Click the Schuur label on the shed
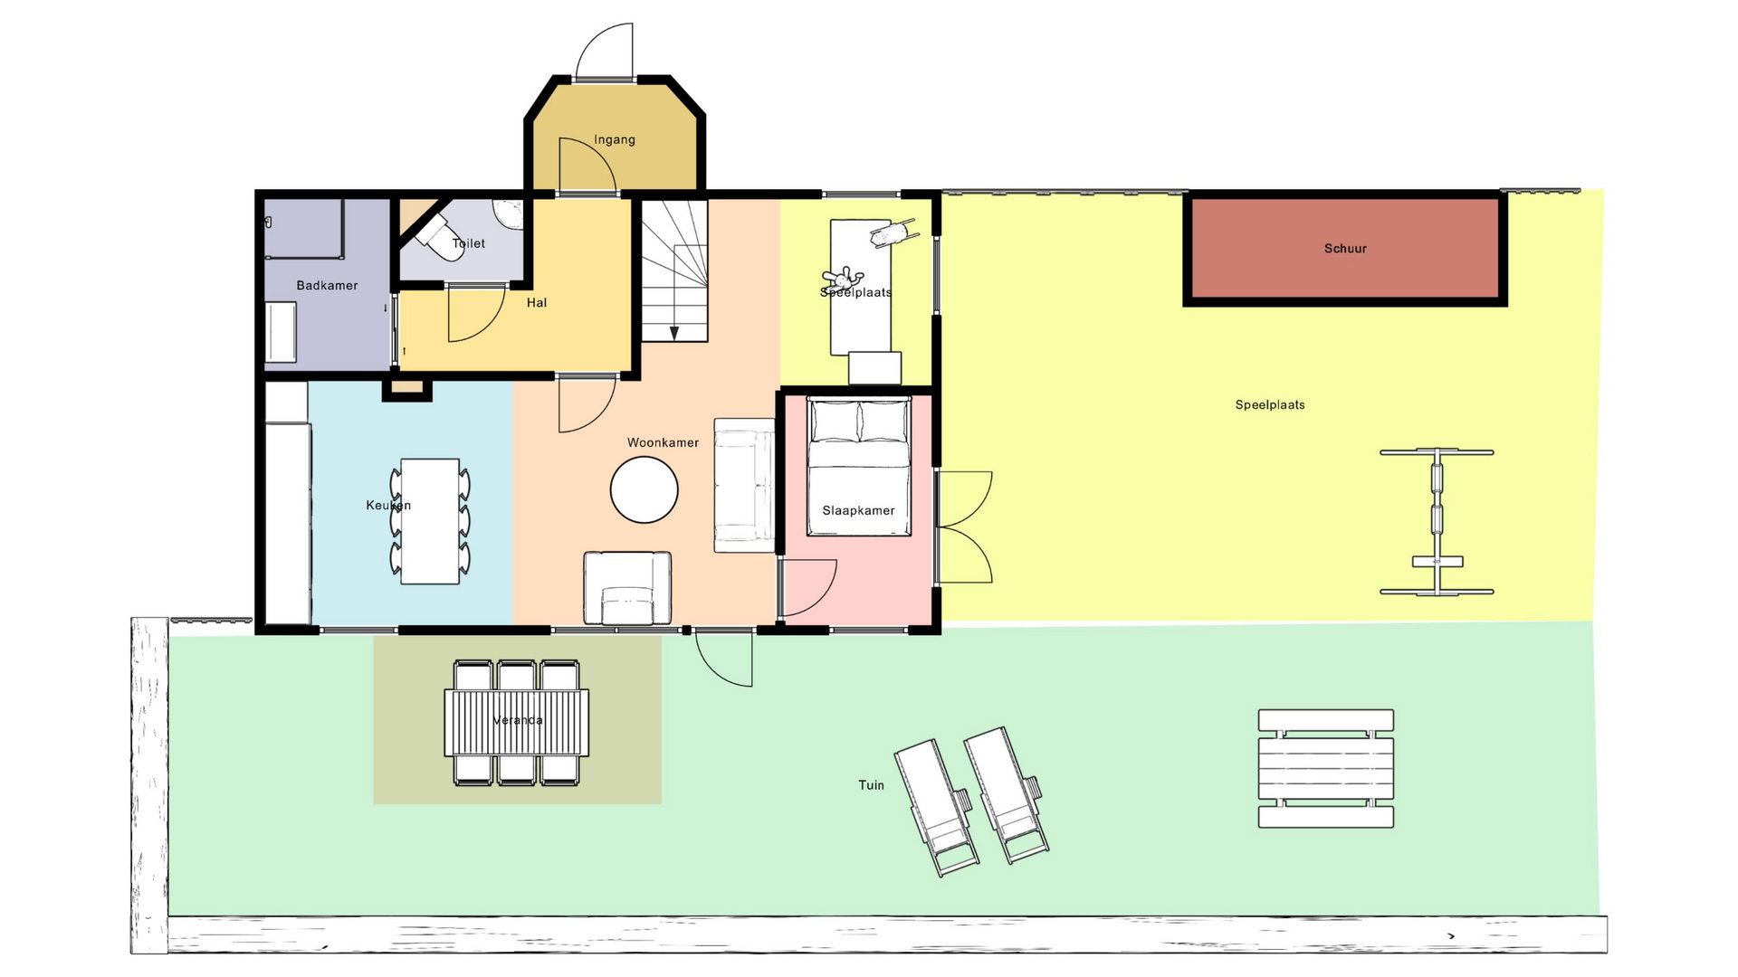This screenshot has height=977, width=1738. point(1345,249)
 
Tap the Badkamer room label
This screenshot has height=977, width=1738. point(327,286)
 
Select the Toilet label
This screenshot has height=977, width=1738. point(469,243)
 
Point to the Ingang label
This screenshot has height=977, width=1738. point(615,140)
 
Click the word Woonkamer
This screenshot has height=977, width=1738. point(663,442)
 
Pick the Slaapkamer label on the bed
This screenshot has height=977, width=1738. point(858,510)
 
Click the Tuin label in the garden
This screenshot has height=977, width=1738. point(871,785)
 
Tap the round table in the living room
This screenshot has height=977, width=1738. point(644,489)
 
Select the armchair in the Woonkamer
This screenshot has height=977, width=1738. point(627,588)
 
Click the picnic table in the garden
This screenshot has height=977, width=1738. point(1326,769)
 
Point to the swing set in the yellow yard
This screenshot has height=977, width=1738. point(1437,522)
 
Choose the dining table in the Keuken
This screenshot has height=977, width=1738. point(430,521)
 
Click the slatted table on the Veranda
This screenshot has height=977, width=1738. point(517,723)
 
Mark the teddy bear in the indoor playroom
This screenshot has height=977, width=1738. point(839,278)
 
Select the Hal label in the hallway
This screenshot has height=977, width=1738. point(537,303)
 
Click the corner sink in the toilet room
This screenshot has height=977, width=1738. point(510,214)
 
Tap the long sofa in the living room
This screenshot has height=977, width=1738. point(744,485)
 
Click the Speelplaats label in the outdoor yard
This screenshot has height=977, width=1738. point(1270,405)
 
